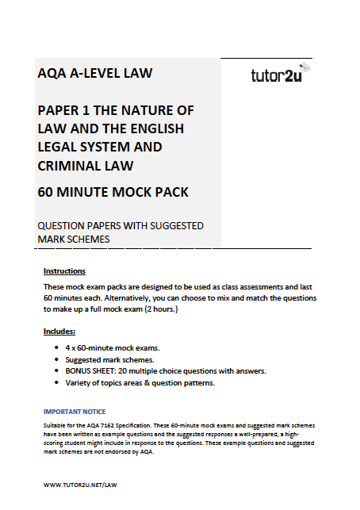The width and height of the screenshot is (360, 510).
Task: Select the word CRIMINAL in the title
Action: point(71,165)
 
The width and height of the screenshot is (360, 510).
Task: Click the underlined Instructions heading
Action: point(64,270)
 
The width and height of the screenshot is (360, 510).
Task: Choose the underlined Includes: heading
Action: point(59,330)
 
